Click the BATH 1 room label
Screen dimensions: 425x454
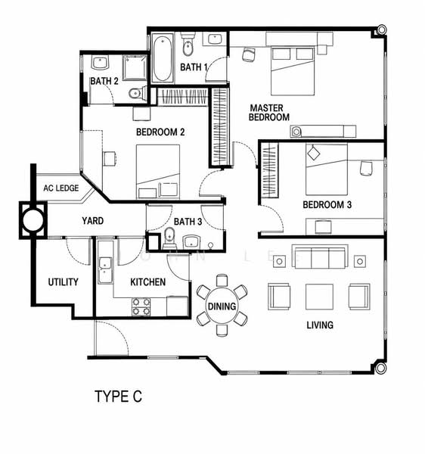[194, 67]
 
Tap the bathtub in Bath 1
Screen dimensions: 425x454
[163, 59]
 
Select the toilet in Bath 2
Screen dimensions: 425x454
[138, 93]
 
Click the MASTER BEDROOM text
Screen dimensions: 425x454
[268, 113]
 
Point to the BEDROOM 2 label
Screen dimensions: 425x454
[160, 132]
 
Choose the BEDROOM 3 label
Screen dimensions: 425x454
[327, 205]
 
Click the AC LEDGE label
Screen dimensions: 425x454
[61, 188]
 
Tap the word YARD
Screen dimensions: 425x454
[92, 221]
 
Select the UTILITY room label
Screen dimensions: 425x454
[63, 282]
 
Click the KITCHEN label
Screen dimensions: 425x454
[147, 282]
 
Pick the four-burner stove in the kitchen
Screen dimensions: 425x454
[141, 306]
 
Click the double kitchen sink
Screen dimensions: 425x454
[104, 270]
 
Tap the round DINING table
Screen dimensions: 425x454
[222, 306]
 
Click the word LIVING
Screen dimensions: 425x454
[320, 325]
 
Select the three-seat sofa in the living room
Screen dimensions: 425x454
[320, 257]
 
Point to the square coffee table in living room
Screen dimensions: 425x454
[319, 297]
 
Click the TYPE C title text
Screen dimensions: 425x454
[118, 396]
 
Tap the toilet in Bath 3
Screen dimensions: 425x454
[169, 238]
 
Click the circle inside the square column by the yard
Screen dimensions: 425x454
[33, 220]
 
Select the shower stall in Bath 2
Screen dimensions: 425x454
[135, 68]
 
